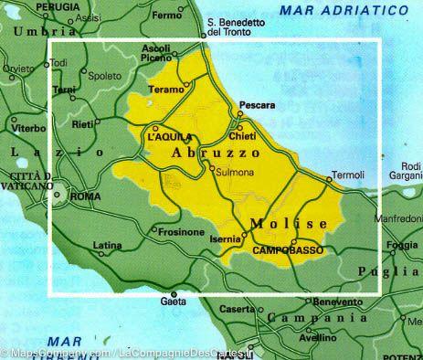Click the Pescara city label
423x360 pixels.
coord(256,105)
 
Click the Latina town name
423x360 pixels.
coord(108,245)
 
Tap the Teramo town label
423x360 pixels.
coord(165,92)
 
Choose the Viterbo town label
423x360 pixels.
coord(28,129)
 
